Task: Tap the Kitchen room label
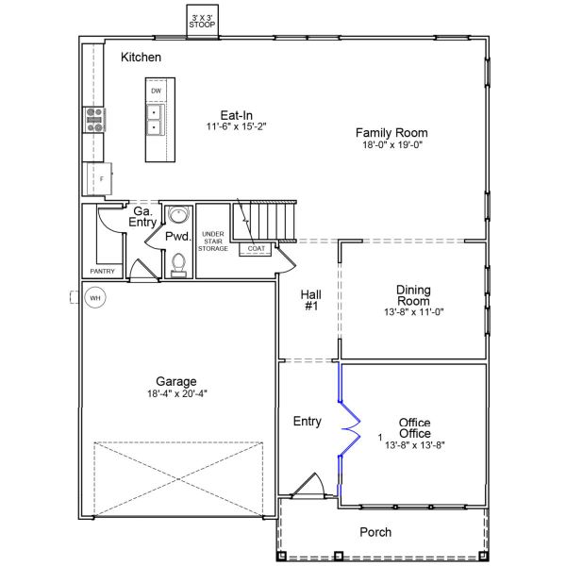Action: [x=141, y=58]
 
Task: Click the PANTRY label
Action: [x=102, y=271]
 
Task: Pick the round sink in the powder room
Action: [x=177, y=215]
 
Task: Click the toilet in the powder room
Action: [x=177, y=266]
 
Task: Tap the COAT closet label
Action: [x=257, y=248]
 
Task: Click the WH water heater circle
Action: [x=94, y=297]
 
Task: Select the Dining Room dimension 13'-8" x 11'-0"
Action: [x=413, y=311]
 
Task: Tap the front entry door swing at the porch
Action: [x=308, y=487]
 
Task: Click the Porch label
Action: [x=375, y=532]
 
